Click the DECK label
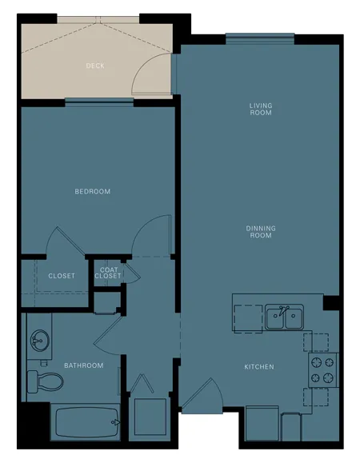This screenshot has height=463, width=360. coord(95,66)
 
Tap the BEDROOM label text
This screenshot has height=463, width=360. coord(93,191)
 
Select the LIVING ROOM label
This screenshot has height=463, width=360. coord(261,109)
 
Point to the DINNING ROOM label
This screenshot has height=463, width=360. coord(261,232)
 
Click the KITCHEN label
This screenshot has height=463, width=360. coord(259,367)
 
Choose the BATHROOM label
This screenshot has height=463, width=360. coord(84,365)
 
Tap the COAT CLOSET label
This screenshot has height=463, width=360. coord(108,273)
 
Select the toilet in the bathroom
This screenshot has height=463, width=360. coord(45,381)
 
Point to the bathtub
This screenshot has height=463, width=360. coord(86,422)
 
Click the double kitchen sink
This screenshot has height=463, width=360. coord(284,317)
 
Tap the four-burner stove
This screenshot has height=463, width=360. coord(323,370)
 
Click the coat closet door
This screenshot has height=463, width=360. coord(132,273)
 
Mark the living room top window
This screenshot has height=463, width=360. coord(260,38)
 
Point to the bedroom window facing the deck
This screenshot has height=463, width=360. coord(99,102)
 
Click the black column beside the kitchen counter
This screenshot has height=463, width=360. coord(330,302)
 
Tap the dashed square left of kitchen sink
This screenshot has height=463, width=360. coord(248,318)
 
